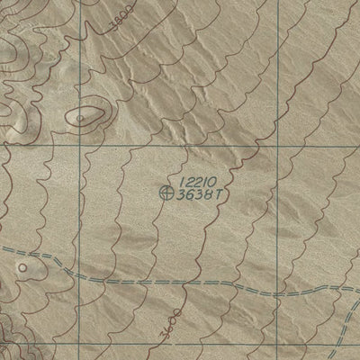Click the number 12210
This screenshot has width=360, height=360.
pyautogui.click(x=195, y=183)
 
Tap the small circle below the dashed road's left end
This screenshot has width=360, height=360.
pyautogui.click(x=22, y=266)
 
